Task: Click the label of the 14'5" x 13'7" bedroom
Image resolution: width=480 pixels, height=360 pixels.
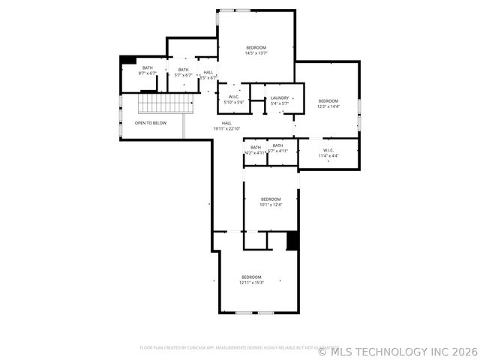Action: click(256, 50)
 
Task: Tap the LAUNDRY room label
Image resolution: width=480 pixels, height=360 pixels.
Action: click(280, 100)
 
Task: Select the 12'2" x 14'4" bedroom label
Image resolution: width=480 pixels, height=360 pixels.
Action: click(328, 103)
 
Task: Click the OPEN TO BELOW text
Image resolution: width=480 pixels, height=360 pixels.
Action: click(151, 123)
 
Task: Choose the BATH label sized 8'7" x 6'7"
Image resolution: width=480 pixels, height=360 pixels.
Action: click(147, 70)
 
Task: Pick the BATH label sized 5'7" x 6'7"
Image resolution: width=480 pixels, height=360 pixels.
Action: click(183, 72)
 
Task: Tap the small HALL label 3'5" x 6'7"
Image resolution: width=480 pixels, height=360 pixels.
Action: click(208, 75)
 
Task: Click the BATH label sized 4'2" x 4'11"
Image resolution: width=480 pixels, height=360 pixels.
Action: click(256, 149)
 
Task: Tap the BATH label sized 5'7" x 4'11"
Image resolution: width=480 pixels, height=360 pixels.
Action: click(277, 148)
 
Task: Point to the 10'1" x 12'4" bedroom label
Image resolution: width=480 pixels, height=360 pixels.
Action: click(270, 202)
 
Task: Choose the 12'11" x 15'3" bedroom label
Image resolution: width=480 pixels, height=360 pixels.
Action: click(251, 280)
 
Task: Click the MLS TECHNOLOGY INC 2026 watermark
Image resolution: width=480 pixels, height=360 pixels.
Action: click(397, 351)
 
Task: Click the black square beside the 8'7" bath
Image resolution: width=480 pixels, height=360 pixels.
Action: click(128, 60)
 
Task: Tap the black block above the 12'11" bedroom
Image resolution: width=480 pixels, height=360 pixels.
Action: click(293, 241)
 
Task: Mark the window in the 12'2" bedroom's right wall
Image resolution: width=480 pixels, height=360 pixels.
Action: click(359, 112)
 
